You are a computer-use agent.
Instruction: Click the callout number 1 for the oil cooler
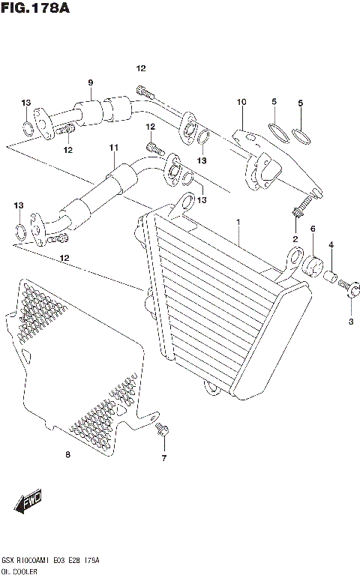pos(238,223)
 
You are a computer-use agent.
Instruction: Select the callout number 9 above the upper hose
pos(90,82)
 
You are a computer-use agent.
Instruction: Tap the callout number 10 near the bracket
pos(241,101)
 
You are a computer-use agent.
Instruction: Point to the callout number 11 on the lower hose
pos(113,148)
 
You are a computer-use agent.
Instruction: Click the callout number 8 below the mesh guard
pos(68,454)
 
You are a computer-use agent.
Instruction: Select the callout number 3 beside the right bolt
pos(350,322)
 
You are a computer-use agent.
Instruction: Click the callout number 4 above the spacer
pos(331,244)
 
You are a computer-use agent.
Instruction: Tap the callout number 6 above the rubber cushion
pos(313,229)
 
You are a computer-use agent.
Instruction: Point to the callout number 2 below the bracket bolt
pos(295,239)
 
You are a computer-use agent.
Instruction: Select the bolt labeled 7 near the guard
pos(162,430)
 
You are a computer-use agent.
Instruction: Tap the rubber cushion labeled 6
pos(313,264)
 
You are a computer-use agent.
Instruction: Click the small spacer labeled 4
pos(331,277)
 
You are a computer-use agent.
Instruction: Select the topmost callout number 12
pos(140,68)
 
